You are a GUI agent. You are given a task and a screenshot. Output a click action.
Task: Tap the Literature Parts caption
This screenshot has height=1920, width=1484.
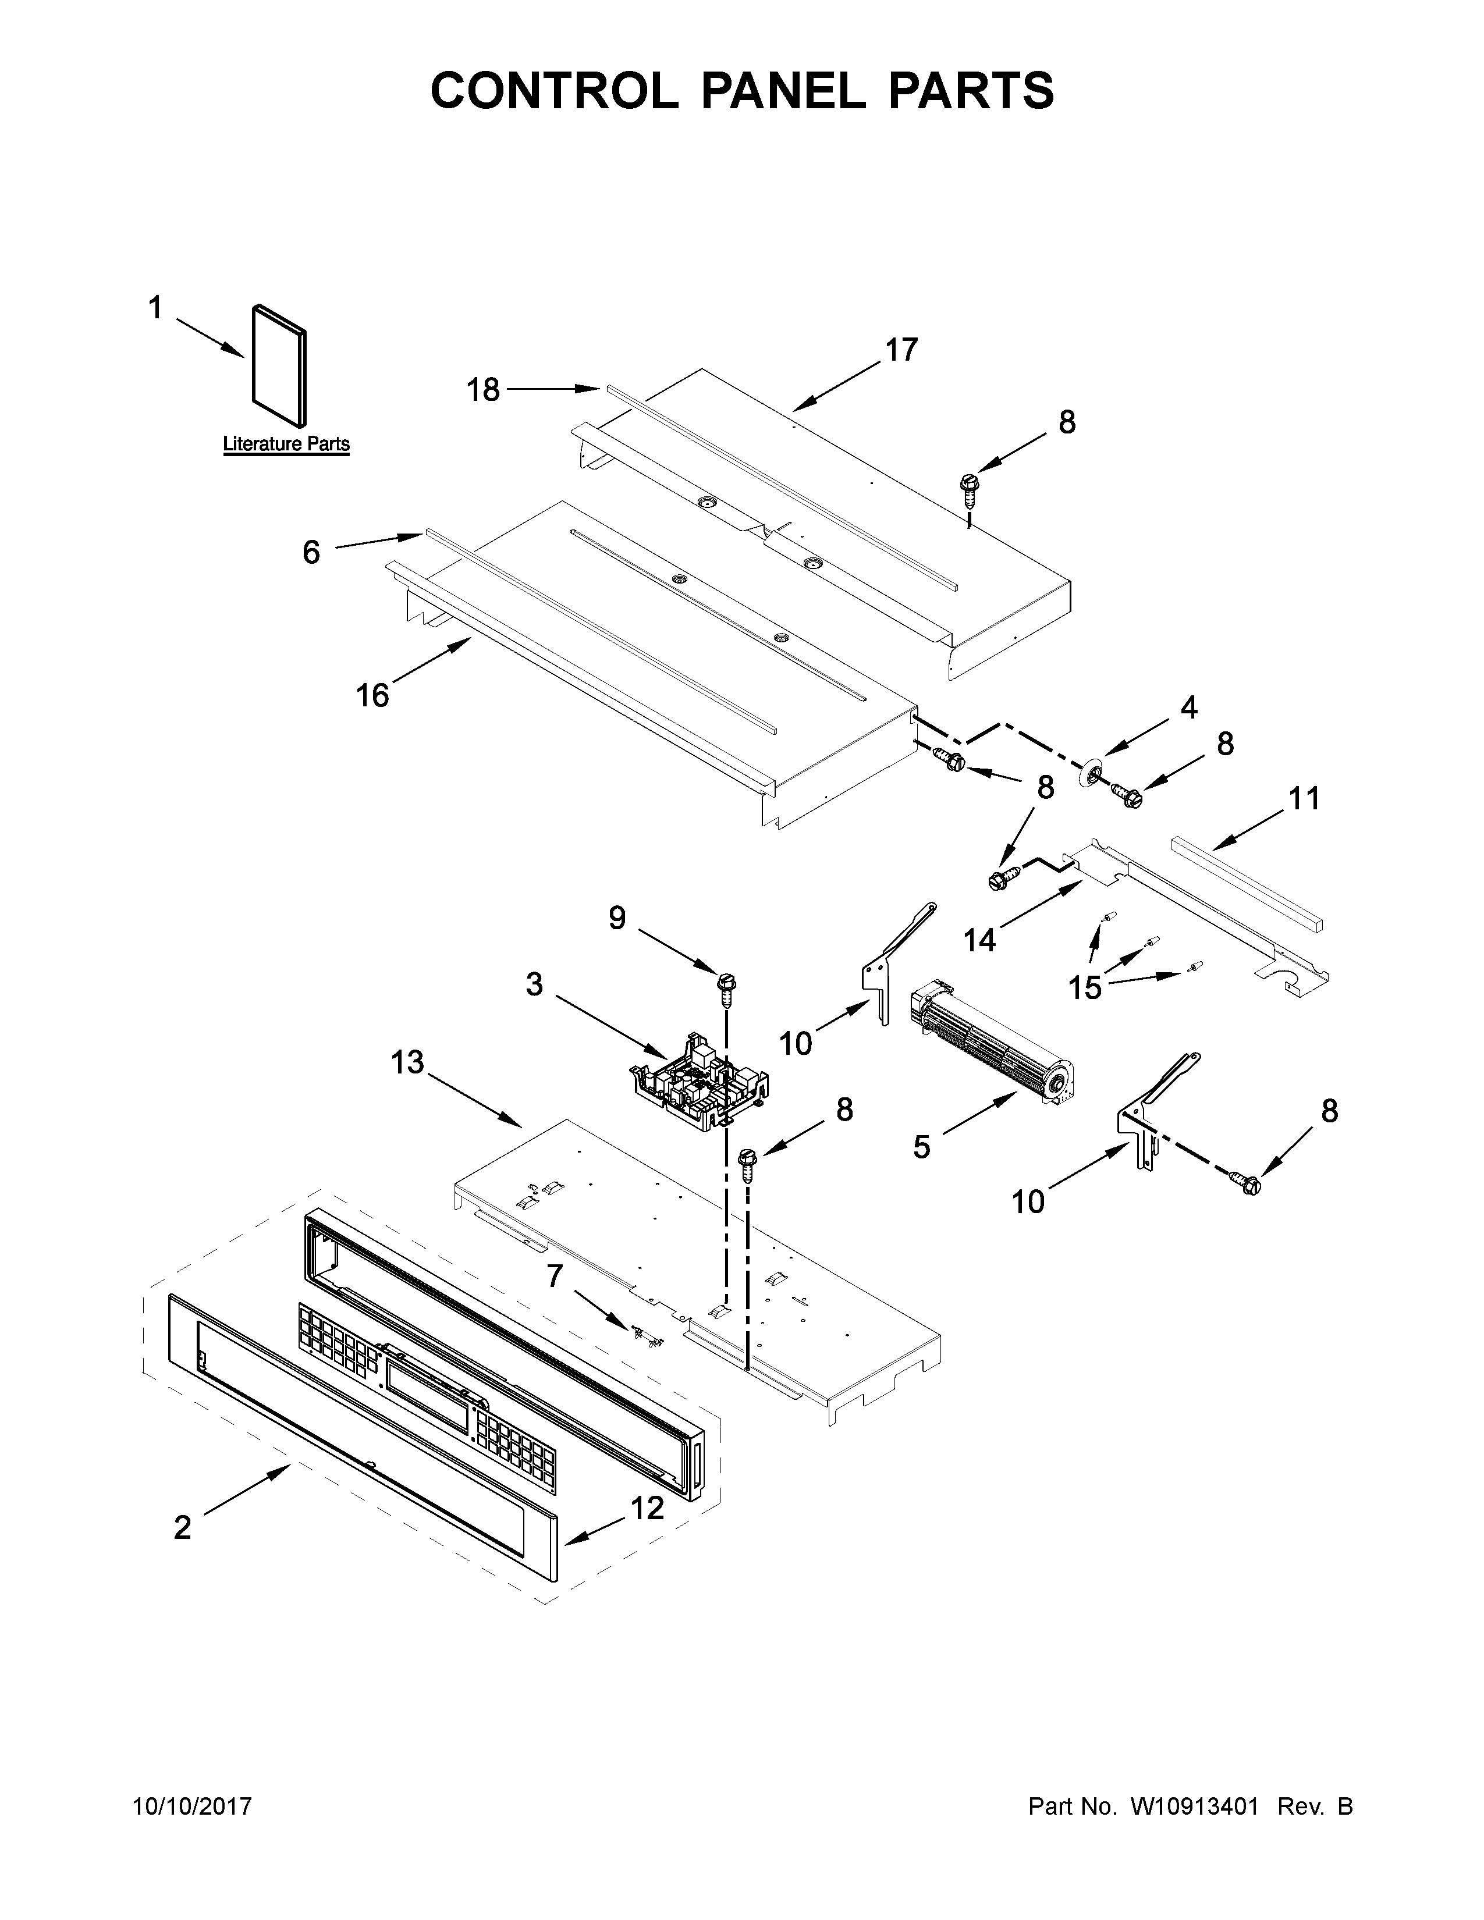(x=286, y=444)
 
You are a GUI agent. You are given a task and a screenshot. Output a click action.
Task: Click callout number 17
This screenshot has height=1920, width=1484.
(x=901, y=349)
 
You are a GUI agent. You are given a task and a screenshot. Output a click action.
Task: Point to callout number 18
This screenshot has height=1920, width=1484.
(x=482, y=389)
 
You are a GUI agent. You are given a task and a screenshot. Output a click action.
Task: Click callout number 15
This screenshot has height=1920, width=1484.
(x=1085, y=988)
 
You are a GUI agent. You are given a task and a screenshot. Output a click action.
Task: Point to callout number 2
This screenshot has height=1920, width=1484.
(x=182, y=1527)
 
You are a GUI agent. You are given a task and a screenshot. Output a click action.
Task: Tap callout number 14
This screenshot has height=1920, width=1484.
(x=978, y=940)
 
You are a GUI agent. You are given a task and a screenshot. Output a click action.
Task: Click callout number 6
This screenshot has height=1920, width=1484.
(x=311, y=552)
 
